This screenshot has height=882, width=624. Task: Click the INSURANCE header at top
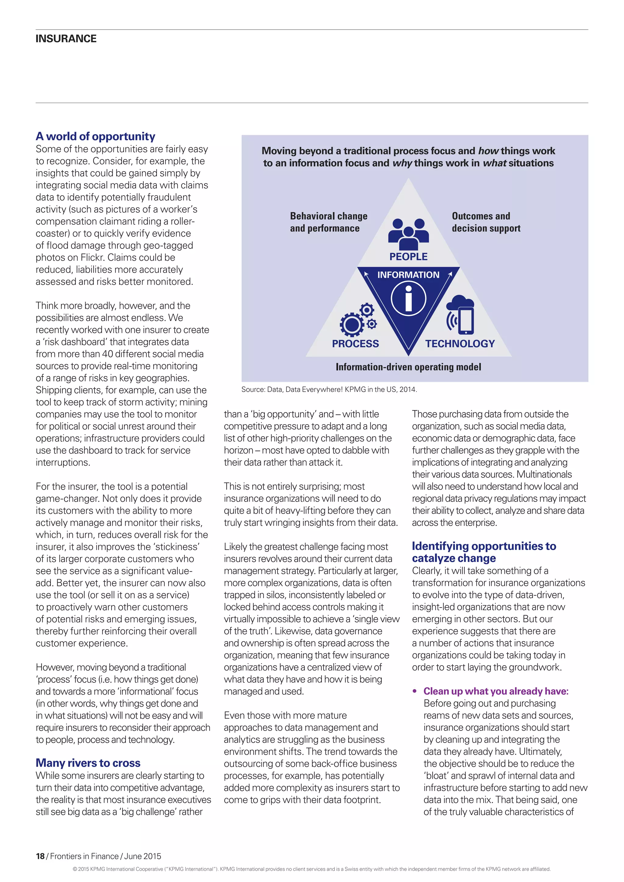tap(66, 38)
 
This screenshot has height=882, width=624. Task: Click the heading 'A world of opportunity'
tap(95, 136)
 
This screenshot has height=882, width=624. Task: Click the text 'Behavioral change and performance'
tap(328, 222)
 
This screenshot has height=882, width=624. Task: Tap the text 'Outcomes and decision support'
tap(486, 222)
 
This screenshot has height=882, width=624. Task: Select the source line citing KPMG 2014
tap(329, 390)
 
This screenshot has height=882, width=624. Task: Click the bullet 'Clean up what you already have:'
tap(496, 691)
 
